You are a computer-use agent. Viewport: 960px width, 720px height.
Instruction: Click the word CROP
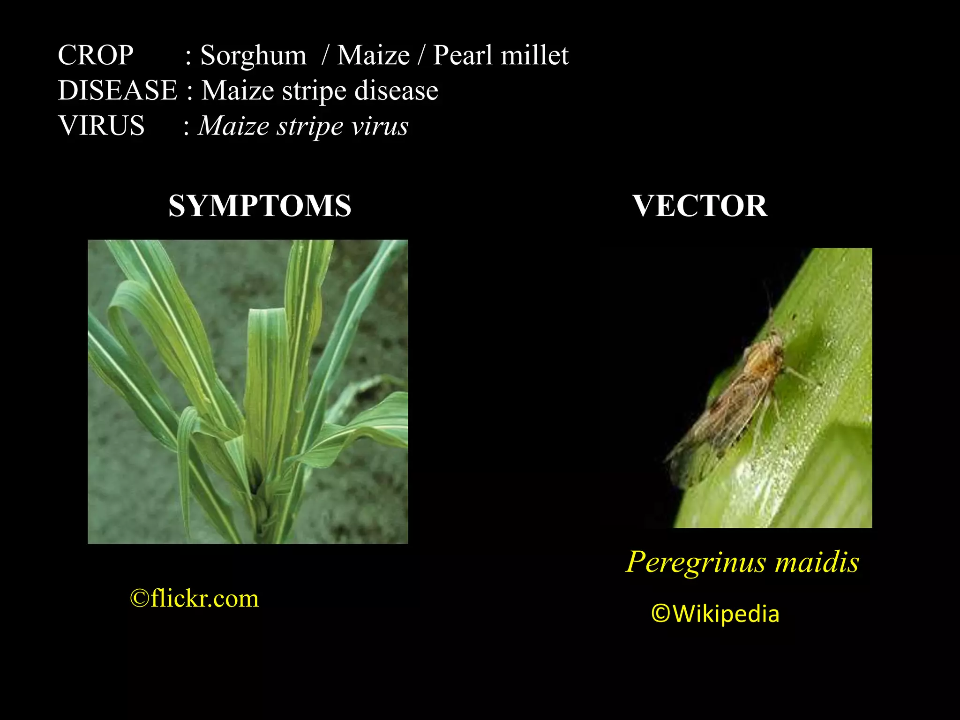pos(96,55)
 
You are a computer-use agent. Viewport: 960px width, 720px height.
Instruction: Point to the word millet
pos(534,55)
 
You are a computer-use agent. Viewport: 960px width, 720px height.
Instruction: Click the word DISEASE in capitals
pos(118,90)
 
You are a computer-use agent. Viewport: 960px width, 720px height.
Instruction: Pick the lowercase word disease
pos(396,90)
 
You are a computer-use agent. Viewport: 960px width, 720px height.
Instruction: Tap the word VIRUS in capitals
pos(101,126)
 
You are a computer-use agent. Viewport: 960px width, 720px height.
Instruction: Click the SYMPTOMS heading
pos(260,206)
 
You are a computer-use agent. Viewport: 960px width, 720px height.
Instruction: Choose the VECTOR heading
pos(700,206)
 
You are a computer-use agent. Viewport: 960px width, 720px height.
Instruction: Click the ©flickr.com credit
pos(194,599)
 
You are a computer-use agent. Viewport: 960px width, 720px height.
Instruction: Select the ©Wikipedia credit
pos(715,614)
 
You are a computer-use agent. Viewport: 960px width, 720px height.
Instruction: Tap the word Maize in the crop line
pos(374,55)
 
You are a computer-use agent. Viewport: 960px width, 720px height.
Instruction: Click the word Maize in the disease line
pos(237,90)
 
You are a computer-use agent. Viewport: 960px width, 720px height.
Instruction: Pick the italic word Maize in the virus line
pos(234,126)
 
